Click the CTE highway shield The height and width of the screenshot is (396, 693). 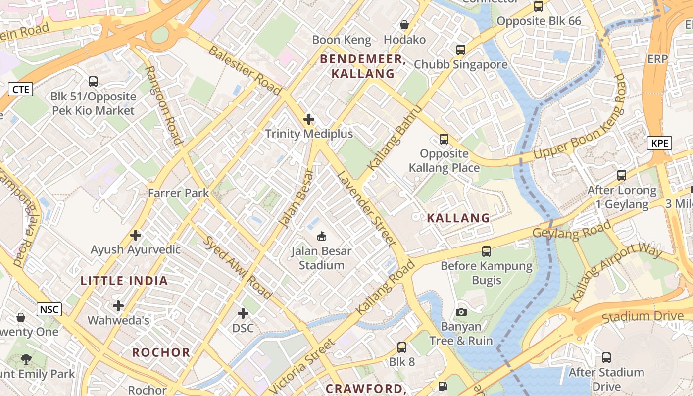[x=21, y=89]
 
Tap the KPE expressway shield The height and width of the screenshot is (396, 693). [x=659, y=144]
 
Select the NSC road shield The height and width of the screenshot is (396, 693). [x=49, y=310]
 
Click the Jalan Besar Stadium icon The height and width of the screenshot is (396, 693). [x=321, y=236]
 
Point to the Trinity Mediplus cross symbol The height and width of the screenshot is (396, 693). [x=309, y=119]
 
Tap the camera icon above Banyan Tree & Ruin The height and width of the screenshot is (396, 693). [x=461, y=312]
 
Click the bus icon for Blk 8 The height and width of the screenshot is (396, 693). [x=402, y=347]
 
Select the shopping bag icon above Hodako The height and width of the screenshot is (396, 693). [x=404, y=25]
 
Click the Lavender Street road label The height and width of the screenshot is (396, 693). [x=366, y=209]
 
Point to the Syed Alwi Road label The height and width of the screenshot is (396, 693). [x=238, y=267]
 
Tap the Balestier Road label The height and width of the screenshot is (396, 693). [x=245, y=70]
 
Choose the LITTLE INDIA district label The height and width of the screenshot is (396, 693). [x=124, y=281]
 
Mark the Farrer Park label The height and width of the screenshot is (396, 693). [x=179, y=193]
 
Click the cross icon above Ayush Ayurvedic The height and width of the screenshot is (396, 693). [x=136, y=235]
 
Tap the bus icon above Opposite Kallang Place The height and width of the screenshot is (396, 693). [x=444, y=139]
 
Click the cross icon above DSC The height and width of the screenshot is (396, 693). [x=243, y=313]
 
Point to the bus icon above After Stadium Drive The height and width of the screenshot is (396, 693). [x=606, y=358]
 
